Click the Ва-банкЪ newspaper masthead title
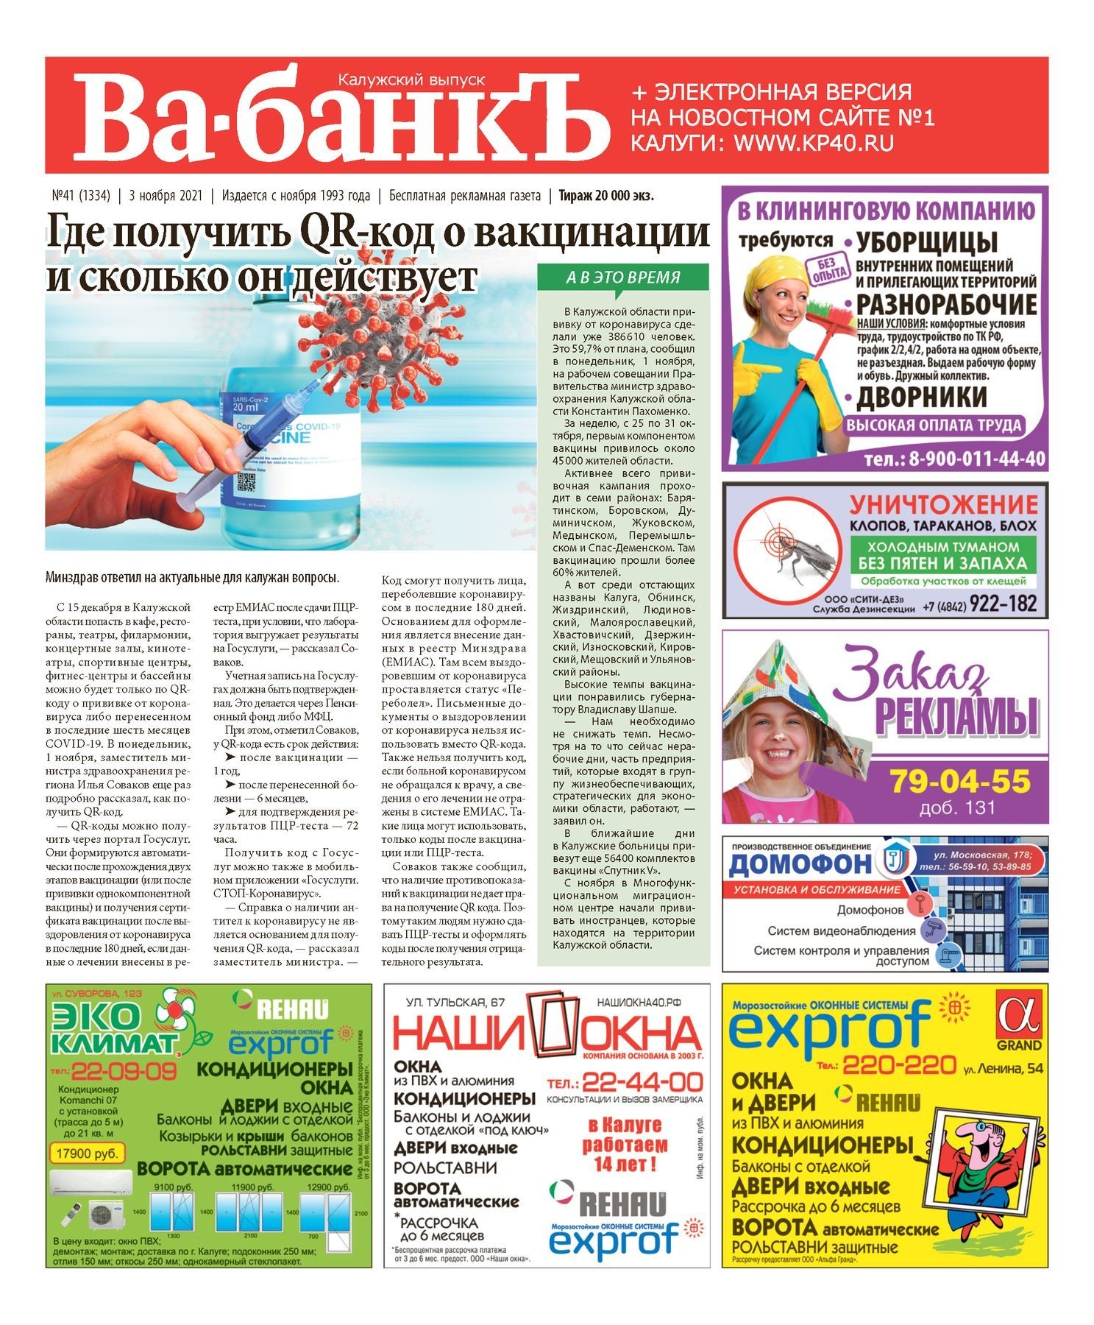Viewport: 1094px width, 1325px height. pyautogui.click(x=342, y=118)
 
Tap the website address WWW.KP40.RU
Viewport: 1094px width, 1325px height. pyautogui.click(x=814, y=143)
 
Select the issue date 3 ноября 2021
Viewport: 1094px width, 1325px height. pyautogui.click(x=165, y=196)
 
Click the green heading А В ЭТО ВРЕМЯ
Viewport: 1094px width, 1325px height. pyautogui.click(x=623, y=278)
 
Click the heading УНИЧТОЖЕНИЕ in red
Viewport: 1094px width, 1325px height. pyautogui.click(x=943, y=505)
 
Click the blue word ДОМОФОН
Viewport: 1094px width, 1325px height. pyautogui.click(x=800, y=864)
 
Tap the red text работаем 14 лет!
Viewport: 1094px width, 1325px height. pyautogui.click(x=625, y=1145)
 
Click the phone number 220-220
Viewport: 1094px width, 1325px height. pyautogui.click(x=898, y=1064)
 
